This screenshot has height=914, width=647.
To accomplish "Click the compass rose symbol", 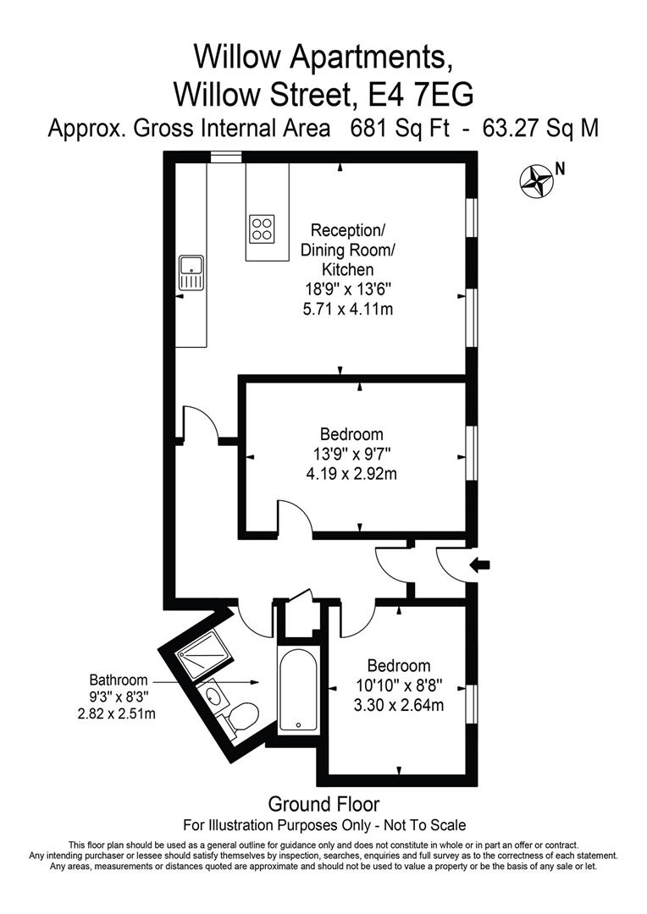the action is click(x=535, y=181).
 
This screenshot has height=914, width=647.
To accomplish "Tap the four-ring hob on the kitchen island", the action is click(x=262, y=228).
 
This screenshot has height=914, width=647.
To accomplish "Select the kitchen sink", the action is click(x=191, y=273).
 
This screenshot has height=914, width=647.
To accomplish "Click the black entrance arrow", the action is click(x=480, y=564).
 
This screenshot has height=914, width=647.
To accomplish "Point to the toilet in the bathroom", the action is click(x=241, y=717).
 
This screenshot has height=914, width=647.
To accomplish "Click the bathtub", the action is click(x=298, y=691).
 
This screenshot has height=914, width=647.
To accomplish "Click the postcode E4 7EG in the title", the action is click(x=423, y=94).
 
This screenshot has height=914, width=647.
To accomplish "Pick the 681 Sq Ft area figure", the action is click(x=400, y=129).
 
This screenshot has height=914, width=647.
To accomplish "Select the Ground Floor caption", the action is click(x=323, y=805).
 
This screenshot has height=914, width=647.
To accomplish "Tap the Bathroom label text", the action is click(x=119, y=680).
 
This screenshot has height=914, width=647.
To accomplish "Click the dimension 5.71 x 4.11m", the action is click(x=348, y=309).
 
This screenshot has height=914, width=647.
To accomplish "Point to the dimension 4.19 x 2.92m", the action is click(x=351, y=474).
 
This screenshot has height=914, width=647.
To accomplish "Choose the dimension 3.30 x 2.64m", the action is click(x=399, y=705).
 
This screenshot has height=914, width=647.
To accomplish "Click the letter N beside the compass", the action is click(x=560, y=169).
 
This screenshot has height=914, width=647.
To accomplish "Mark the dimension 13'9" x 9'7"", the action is click(x=351, y=454).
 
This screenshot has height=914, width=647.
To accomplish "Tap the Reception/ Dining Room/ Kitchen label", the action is click(x=348, y=250).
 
